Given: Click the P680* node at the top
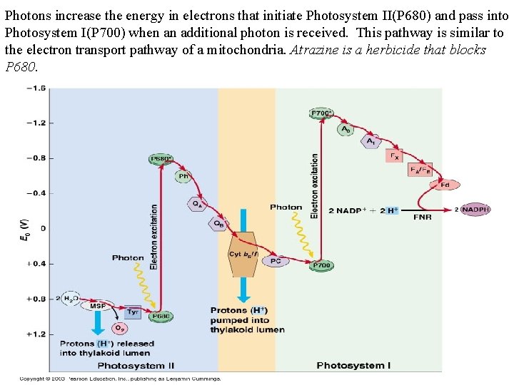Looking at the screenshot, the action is tap(161, 159).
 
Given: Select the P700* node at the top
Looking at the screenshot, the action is tap(322, 113).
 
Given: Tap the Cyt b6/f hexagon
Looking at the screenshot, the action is tap(243, 255).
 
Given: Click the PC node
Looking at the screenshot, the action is tap(276, 261).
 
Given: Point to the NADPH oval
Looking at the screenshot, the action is tap(475, 210).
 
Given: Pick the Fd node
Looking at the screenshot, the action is tap(444, 185).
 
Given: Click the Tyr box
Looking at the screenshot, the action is tap(132, 312).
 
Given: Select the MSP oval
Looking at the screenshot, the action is tap(98, 305).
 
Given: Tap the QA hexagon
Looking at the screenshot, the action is tap(198, 203).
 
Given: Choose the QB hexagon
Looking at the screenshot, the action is tap(218, 223).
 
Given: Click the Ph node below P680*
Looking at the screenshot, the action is tap(183, 175).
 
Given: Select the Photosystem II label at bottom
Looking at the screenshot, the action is tap(136, 366).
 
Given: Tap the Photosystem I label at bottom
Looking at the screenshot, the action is tap(353, 366).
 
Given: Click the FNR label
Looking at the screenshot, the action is tap(422, 217).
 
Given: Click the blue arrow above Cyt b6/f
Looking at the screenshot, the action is tap(243, 220).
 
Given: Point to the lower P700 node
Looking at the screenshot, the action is tap(322, 265).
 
